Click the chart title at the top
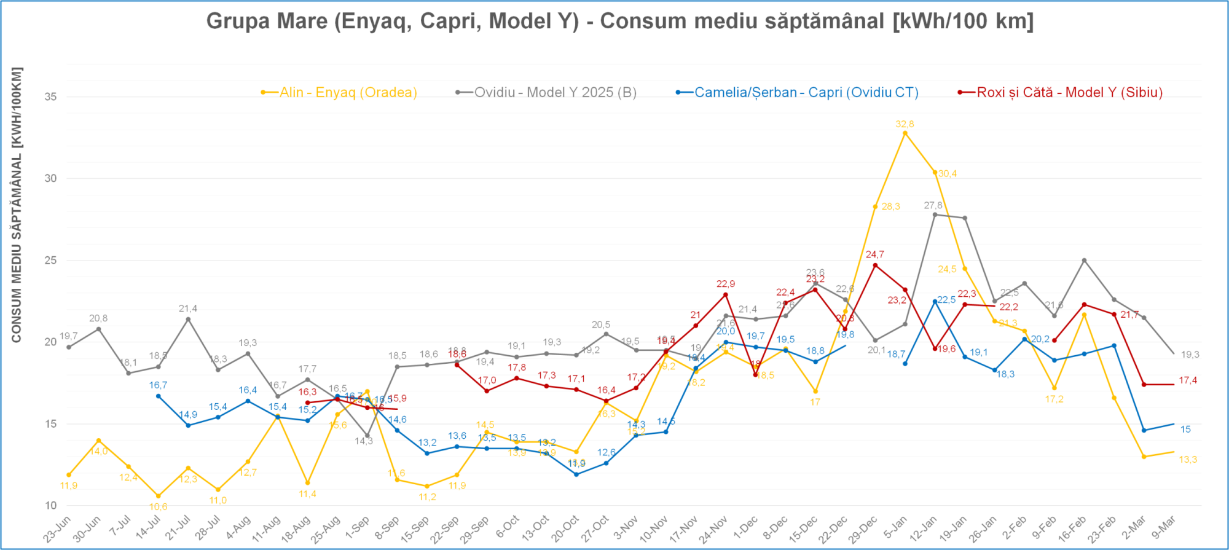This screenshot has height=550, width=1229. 619,21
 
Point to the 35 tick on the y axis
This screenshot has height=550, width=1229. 50,96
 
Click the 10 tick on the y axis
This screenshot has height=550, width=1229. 50,505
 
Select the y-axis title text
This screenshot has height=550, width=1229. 17,205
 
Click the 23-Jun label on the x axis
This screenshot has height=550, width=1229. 57,528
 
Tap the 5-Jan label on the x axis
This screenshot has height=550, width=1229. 895,527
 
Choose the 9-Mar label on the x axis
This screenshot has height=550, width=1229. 1163,527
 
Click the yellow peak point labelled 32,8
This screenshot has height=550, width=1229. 905,133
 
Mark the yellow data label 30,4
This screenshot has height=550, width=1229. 947,174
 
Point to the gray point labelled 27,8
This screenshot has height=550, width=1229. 935,214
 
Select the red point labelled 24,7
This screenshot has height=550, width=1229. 875,265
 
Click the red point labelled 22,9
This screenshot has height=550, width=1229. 725,294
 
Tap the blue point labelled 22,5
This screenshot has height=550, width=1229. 935,301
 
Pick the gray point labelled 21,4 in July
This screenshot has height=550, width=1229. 188,319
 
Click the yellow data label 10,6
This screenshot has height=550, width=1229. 158,507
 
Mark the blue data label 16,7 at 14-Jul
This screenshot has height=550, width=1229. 158,385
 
